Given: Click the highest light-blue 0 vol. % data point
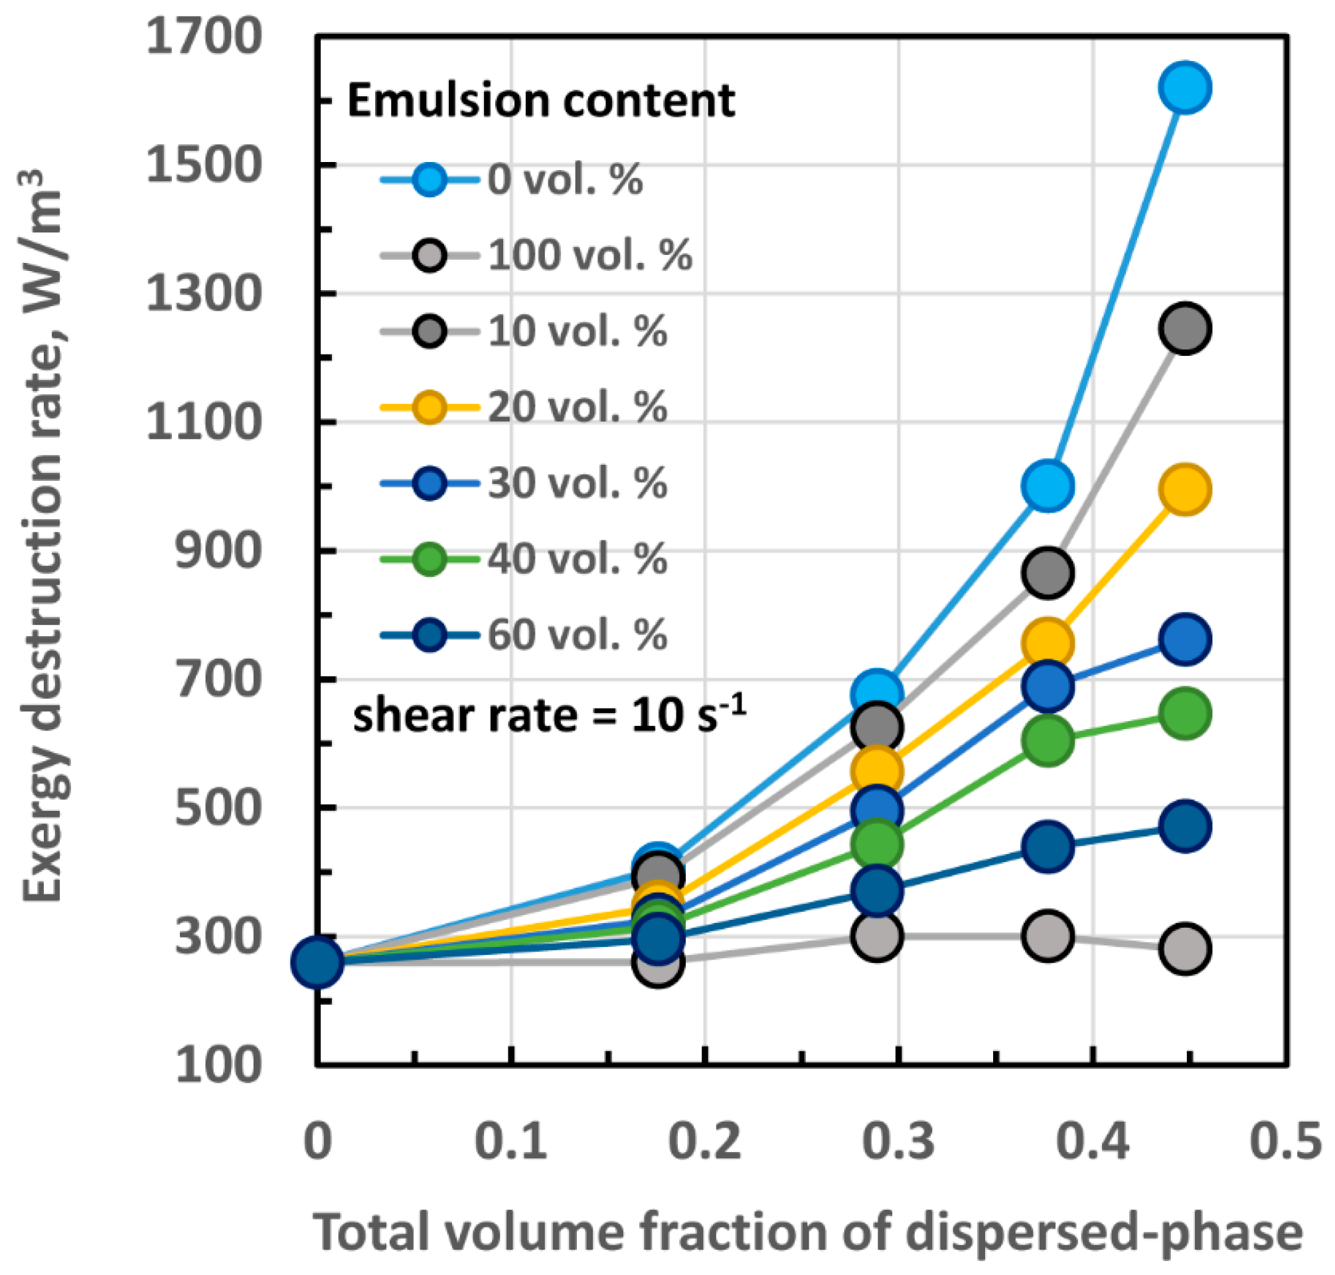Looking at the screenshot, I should coord(1184,88).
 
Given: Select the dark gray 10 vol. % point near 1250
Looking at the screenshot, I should coord(1184,328).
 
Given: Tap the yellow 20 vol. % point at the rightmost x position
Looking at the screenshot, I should coord(1184,489).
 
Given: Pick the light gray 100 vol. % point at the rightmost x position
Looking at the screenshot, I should coord(1184,948).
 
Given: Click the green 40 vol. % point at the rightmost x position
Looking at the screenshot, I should coord(1184,713).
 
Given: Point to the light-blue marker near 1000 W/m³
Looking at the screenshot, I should coord(1047,485).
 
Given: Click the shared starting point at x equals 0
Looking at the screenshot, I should coord(317,962).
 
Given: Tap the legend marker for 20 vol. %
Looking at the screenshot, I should coord(430,407).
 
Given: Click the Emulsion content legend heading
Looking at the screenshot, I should coord(541,100).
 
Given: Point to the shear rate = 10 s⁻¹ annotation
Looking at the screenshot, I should coord(549,715).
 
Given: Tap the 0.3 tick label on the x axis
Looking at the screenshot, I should coord(898,1142).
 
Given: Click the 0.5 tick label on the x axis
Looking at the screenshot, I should coord(1285,1142).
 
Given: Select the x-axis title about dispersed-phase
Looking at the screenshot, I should coord(807,1231).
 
